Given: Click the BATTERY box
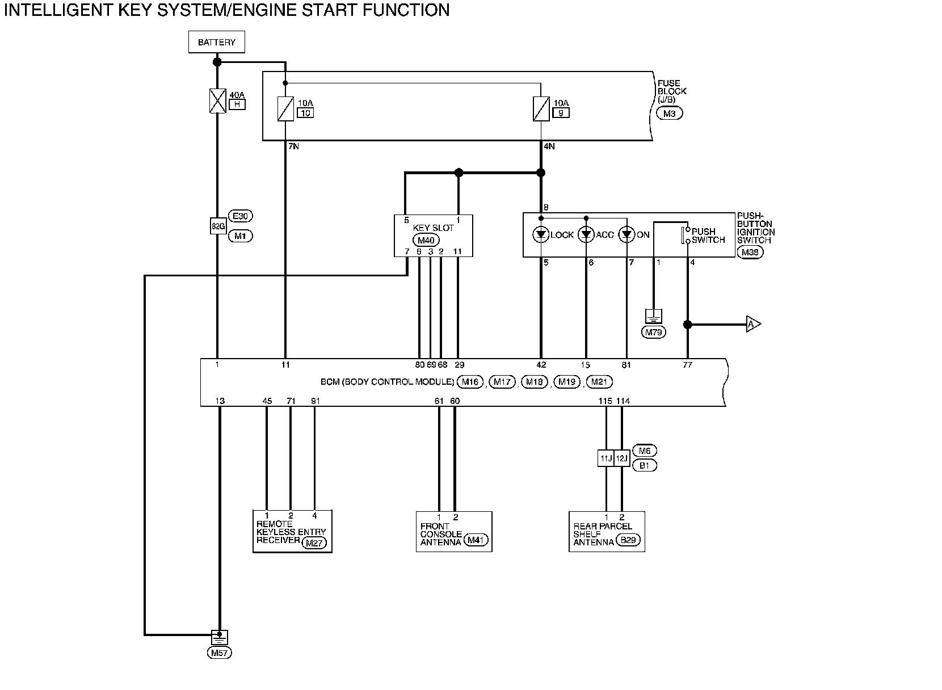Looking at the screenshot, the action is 217,42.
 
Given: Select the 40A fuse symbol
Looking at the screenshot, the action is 217,101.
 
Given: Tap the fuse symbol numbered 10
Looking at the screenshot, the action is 285,109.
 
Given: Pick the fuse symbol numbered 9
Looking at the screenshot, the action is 541,109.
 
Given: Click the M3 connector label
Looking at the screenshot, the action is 669,113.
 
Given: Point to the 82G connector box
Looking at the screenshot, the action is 218,226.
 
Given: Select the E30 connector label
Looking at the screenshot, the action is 240,216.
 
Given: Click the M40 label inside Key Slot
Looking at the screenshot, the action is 426,241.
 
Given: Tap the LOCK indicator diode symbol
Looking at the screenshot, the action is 541,234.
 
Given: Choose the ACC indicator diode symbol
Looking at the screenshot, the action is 586,234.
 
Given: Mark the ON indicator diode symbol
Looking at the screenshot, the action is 626,234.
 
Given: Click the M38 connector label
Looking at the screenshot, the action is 750,253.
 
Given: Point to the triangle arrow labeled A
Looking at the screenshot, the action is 753,324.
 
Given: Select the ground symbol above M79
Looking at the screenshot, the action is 654,316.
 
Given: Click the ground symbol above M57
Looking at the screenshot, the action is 219,637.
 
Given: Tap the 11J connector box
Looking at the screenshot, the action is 605,458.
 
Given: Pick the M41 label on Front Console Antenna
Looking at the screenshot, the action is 475,540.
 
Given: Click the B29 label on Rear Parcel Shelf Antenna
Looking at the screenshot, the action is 628,540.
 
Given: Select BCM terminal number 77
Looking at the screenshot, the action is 687,365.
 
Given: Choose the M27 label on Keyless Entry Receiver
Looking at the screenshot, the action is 314,543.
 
